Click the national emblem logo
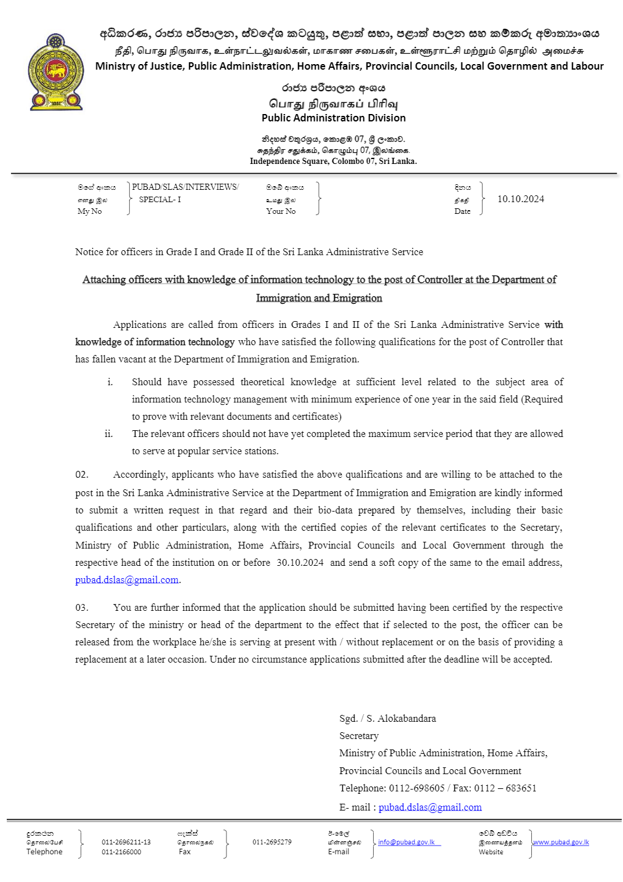click(x=55, y=72)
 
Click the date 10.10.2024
click(x=520, y=199)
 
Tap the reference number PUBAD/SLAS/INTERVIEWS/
click(x=185, y=187)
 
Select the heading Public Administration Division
click(x=333, y=118)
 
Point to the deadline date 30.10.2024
click(x=300, y=563)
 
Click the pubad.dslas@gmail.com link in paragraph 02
click(x=127, y=580)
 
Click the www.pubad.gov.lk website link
click(x=561, y=842)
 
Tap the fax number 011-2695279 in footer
click(x=271, y=842)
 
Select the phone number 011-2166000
click(x=121, y=852)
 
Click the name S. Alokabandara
click(x=401, y=719)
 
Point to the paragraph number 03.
click(x=82, y=608)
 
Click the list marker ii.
click(x=109, y=434)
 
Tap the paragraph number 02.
click(x=82, y=475)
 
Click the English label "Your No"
click(x=281, y=211)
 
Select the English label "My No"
click(x=90, y=211)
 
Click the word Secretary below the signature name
click(x=359, y=736)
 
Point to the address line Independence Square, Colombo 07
click(x=333, y=161)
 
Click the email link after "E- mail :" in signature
click(x=430, y=807)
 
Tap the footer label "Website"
click(x=491, y=852)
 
